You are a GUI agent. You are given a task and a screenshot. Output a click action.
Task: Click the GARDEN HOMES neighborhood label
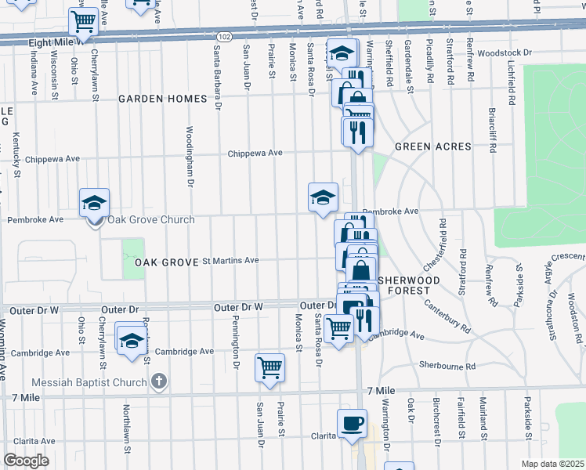click(162, 99)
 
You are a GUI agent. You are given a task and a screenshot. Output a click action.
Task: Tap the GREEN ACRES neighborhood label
click(433, 146)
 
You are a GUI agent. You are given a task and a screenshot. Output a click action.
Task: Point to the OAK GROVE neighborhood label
click(164, 262)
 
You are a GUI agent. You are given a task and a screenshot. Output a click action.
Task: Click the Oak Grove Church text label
click(151, 219)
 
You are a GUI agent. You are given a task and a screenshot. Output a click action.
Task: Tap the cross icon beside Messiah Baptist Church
click(158, 382)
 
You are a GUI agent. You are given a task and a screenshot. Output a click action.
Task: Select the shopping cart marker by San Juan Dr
click(269, 367)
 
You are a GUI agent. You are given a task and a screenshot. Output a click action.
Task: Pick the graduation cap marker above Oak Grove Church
click(93, 203)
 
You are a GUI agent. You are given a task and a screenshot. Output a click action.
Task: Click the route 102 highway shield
click(225, 36)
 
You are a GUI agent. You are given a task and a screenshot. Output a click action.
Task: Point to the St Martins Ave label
click(230, 260)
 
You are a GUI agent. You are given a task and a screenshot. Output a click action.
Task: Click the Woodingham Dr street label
click(190, 157)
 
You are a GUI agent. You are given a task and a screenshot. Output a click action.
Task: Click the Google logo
click(27, 461)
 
